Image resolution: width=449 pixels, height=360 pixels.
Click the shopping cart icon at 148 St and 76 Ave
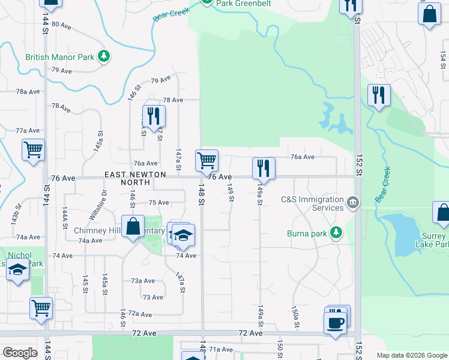click(x=206, y=160)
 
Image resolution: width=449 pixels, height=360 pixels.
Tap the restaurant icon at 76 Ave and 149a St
click(x=264, y=167)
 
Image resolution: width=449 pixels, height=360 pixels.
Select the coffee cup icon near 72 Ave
click(x=335, y=322)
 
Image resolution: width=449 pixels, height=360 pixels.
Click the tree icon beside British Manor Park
click(x=104, y=57)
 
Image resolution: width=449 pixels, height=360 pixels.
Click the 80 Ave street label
click(x=61, y=25)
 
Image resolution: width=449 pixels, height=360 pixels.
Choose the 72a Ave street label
click(x=139, y=313)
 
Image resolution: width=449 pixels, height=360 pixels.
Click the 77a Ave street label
click(x=28, y=130)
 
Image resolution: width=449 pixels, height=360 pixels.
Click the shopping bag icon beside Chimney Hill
click(x=133, y=227)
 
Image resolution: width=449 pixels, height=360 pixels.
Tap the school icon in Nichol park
click(x=18, y=271)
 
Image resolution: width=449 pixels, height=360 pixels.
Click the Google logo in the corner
click(x=20, y=353)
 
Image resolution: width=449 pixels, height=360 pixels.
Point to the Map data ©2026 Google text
click(x=411, y=355)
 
